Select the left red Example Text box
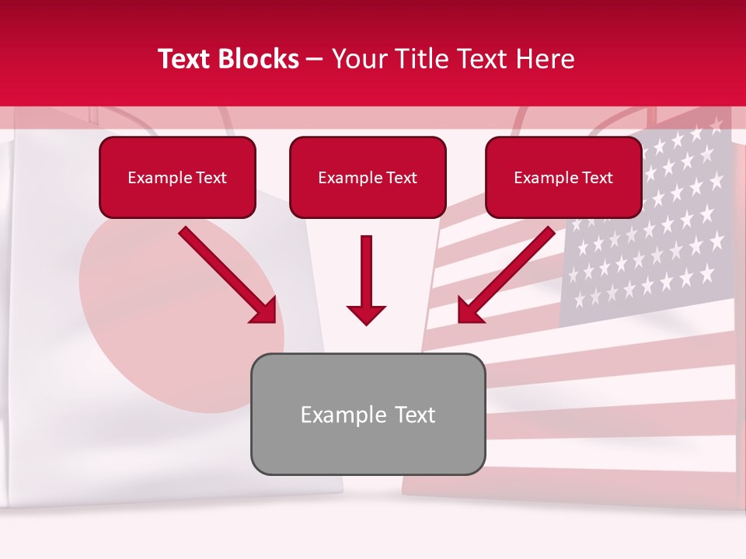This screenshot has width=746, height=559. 177,178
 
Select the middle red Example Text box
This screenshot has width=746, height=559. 368,178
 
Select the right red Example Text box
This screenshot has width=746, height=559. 563,178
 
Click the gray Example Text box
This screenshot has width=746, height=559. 368,414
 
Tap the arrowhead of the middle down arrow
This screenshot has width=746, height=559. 366,314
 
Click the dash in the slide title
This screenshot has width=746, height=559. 315,59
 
